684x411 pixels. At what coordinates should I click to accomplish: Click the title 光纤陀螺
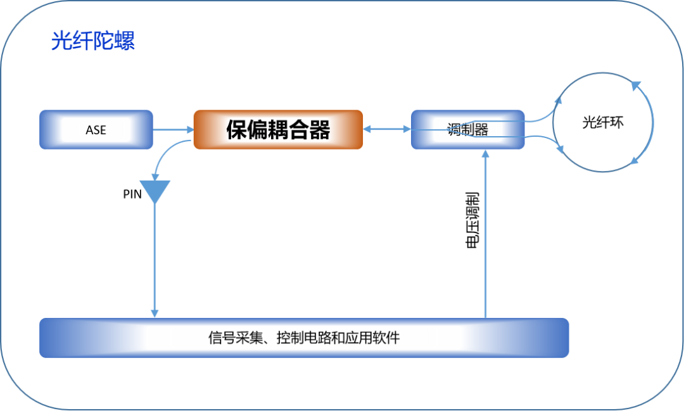(x=92, y=42)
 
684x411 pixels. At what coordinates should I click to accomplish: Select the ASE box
(x=96, y=130)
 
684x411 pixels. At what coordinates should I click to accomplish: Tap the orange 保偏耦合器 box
(x=278, y=130)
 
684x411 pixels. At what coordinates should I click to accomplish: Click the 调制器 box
(x=467, y=130)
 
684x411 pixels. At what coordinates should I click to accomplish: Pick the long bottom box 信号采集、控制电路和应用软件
(x=304, y=338)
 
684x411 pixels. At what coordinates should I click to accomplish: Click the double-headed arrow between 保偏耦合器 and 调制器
(x=387, y=129)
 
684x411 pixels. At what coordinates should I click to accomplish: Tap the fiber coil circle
(x=602, y=122)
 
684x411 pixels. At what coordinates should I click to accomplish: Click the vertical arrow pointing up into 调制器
(x=485, y=234)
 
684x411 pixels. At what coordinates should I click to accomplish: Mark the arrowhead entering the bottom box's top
(x=155, y=313)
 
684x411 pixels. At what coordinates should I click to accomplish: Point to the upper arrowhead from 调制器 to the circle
(x=557, y=101)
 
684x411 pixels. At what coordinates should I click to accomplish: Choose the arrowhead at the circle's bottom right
(x=633, y=162)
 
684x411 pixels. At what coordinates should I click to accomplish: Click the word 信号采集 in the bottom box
(x=231, y=338)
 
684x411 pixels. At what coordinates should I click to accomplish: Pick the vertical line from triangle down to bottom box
(x=155, y=260)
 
